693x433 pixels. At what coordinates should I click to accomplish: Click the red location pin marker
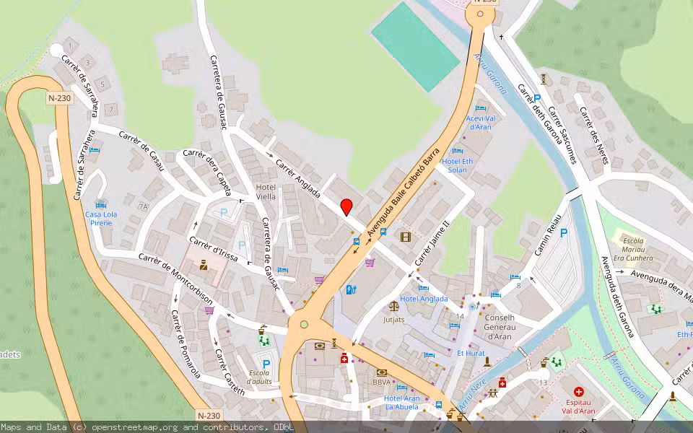[x=346, y=206]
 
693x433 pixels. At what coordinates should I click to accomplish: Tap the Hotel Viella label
[x=266, y=191]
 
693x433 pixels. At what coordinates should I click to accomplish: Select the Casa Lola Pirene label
[x=99, y=219]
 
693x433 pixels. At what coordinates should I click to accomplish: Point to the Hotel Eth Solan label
[x=458, y=165]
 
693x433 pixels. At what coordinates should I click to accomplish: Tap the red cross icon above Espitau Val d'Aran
[x=578, y=392]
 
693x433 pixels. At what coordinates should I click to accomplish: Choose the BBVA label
[x=382, y=382]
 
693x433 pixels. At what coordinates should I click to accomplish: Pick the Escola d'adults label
[x=258, y=377]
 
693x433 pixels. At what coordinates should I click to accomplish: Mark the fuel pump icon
[x=351, y=290]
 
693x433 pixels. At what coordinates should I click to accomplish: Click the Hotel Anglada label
[x=424, y=299]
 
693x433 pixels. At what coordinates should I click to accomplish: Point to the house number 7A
[x=143, y=206]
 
